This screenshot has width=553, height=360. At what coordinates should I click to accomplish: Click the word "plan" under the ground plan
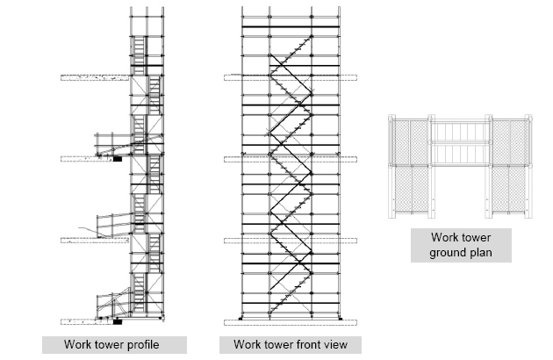480,254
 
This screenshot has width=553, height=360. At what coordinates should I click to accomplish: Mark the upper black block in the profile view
117,160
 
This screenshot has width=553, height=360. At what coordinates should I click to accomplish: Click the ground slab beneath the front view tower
290,318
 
